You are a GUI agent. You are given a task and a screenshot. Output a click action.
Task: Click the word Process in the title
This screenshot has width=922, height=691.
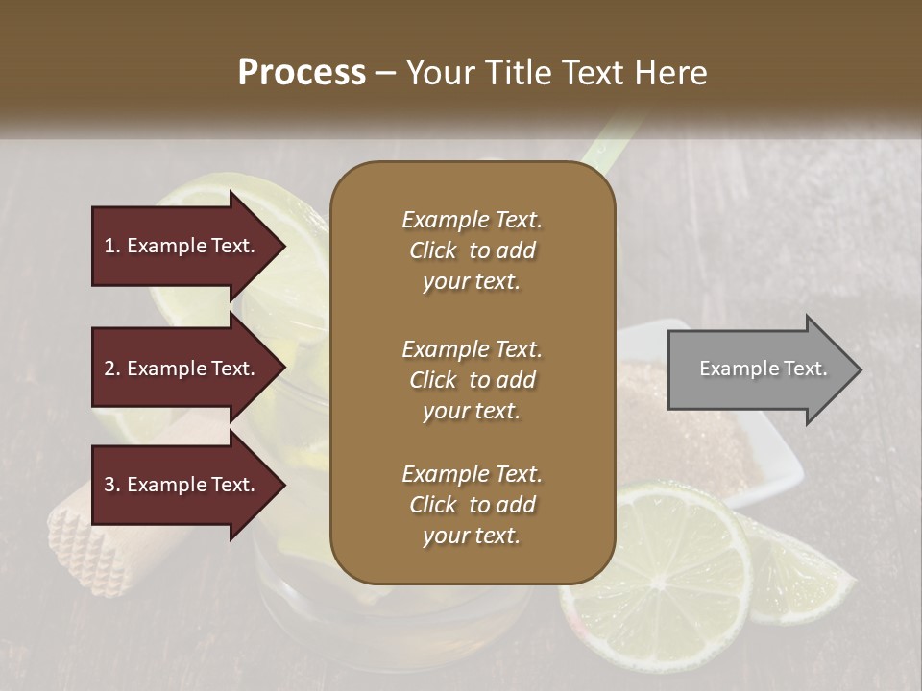tap(302, 73)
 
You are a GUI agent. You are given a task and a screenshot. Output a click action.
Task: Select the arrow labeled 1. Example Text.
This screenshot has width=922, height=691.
tap(182, 247)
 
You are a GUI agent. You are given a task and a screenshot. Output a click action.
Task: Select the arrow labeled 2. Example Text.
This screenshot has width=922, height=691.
tap(182, 369)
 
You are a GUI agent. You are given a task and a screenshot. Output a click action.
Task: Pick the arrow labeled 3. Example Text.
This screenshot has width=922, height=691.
tap(182, 486)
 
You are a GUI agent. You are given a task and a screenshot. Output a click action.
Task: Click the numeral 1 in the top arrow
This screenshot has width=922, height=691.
tap(109, 247)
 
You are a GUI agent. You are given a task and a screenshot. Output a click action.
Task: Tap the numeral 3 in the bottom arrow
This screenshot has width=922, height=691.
tap(109, 486)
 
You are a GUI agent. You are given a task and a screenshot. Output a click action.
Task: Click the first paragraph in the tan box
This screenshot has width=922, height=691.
tap(472, 250)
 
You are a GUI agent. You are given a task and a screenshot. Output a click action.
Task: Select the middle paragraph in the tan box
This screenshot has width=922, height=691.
tap(472, 380)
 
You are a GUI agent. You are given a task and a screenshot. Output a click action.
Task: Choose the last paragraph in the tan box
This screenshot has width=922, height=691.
tap(472, 505)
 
